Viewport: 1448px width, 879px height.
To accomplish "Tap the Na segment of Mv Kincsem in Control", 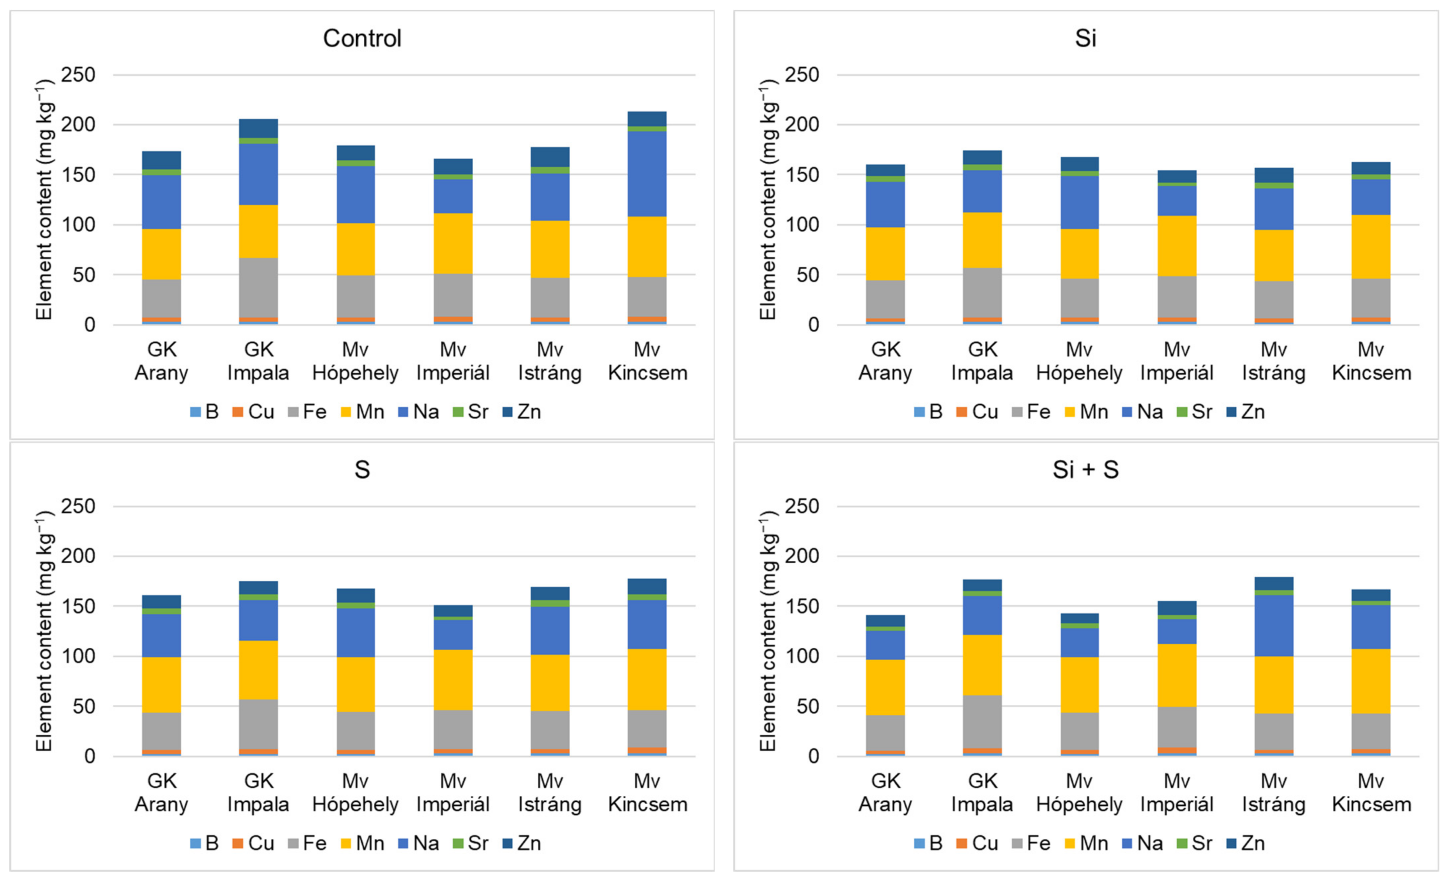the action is tap(647, 174).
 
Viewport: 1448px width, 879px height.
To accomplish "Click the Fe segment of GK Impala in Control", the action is tap(259, 288).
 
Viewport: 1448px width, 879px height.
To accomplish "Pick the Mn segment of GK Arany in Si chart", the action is tap(886, 254).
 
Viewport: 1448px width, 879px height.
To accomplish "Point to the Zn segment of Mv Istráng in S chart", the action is tap(550, 594).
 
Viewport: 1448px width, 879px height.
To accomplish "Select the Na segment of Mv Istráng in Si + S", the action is tap(1274, 626).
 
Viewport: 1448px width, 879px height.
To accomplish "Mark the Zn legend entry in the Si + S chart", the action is tap(1246, 843).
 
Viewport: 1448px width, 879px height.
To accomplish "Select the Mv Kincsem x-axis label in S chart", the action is tap(647, 793).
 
